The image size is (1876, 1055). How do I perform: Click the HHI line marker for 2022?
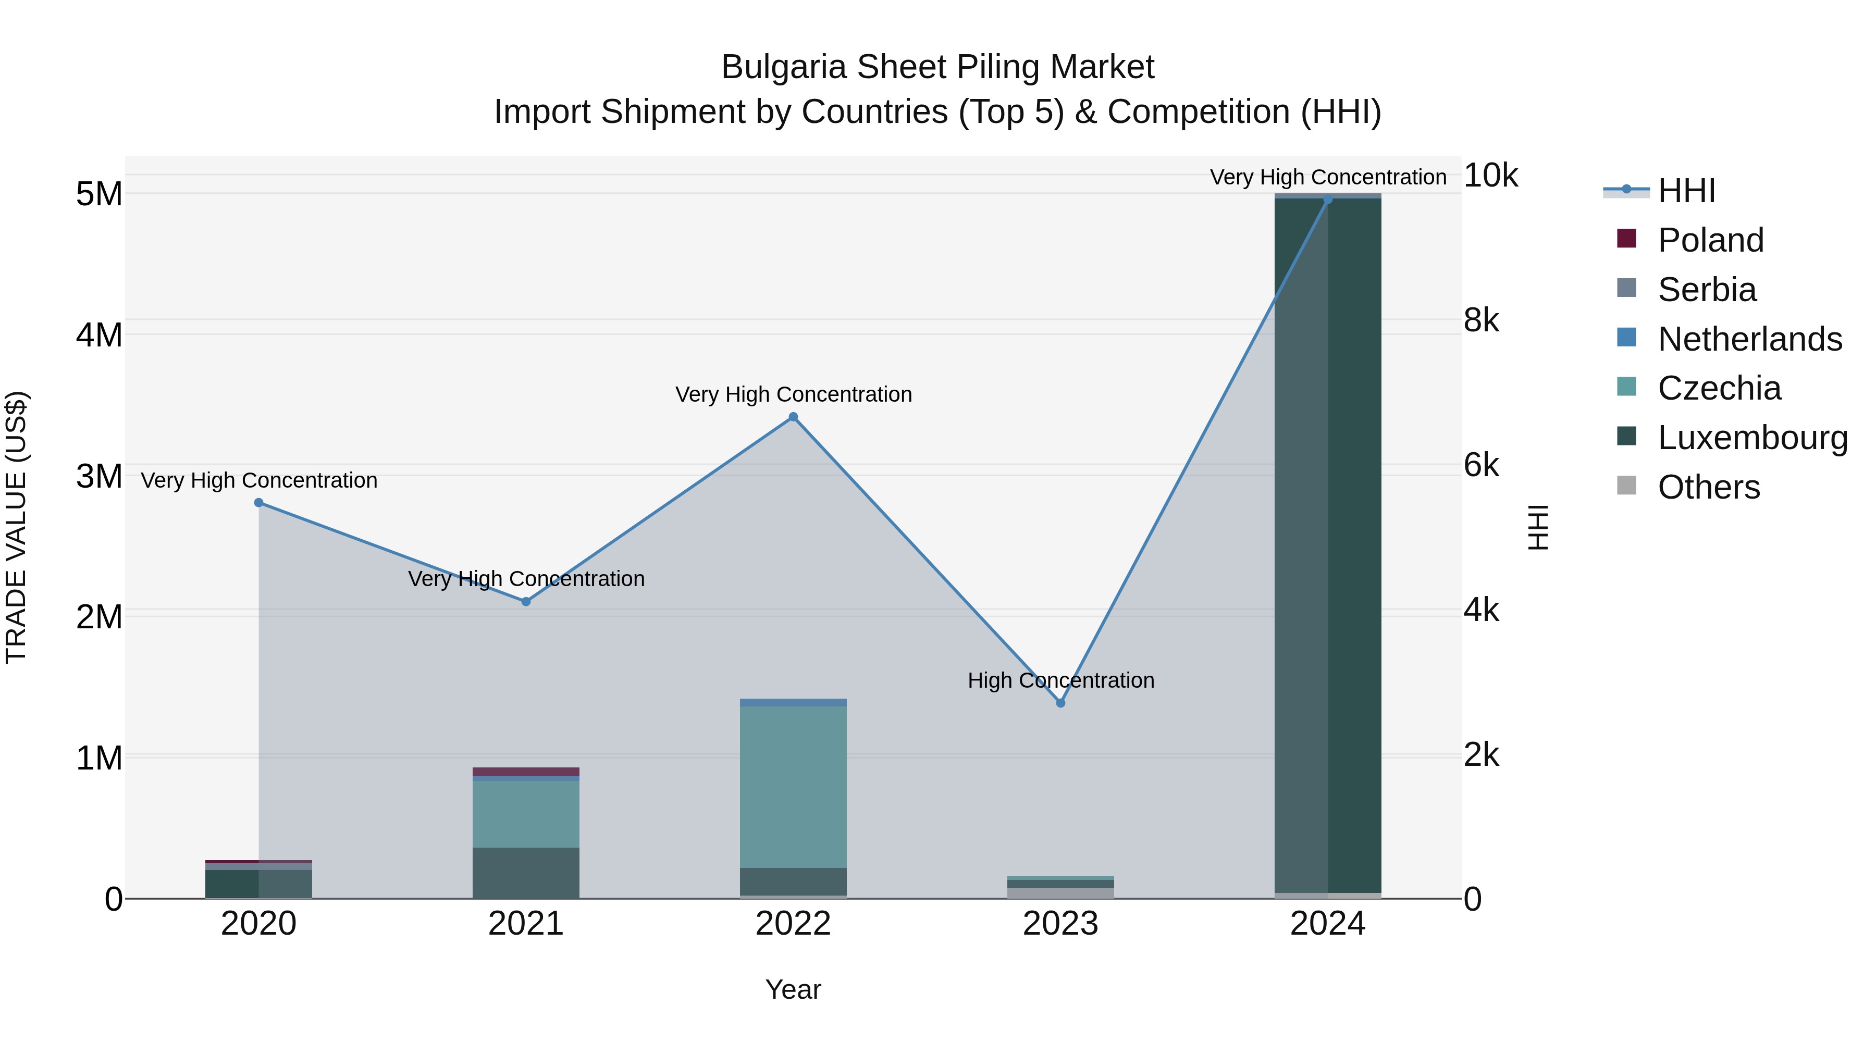click(x=793, y=417)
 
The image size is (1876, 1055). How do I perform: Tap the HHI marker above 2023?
click(x=1060, y=703)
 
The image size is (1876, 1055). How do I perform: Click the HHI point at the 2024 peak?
click(x=1328, y=200)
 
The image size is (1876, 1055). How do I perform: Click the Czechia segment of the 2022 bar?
click(x=793, y=786)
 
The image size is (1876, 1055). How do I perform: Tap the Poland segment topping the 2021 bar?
click(x=526, y=772)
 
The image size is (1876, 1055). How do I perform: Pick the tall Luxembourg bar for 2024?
click(x=1328, y=546)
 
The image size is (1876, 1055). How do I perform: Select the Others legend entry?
click(x=1709, y=487)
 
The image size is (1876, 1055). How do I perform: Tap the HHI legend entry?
click(x=1687, y=191)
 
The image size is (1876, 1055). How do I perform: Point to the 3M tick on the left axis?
click(x=99, y=477)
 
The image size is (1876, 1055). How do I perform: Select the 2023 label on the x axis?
click(x=1060, y=924)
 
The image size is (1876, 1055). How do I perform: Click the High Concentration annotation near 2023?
click(x=1060, y=681)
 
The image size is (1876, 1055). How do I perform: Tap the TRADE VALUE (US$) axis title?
click(x=16, y=527)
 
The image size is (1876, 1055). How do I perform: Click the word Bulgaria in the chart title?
click(x=784, y=67)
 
